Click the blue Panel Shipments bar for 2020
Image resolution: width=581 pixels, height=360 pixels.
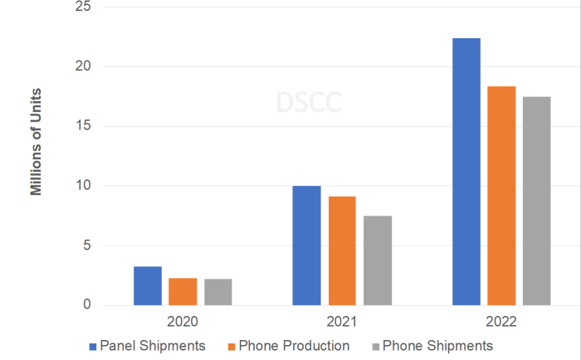click(147, 286)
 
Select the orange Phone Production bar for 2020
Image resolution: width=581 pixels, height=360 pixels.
click(183, 292)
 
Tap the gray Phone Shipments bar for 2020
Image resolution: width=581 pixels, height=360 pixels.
click(217, 292)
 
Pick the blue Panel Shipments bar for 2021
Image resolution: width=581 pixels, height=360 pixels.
click(306, 246)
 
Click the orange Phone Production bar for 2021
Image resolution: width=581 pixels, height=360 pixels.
click(342, 251)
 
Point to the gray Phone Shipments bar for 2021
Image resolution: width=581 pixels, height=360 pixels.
click(377, 260)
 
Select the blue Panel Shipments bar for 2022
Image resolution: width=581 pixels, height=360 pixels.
click(466, 172)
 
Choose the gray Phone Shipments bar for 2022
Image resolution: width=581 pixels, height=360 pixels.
click(536, 201)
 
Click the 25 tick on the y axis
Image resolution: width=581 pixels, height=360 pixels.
click(85, 7)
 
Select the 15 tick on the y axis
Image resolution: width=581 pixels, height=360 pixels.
click(85, 127)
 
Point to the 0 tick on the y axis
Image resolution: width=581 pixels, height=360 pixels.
click(89, 305)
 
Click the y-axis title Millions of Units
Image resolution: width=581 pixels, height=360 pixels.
click(36, 142)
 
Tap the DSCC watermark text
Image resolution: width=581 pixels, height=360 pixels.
click(309, 102)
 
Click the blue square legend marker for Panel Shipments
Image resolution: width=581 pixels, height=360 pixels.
click(92, 345)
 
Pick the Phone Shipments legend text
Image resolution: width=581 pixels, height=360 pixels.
click(437, 345)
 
